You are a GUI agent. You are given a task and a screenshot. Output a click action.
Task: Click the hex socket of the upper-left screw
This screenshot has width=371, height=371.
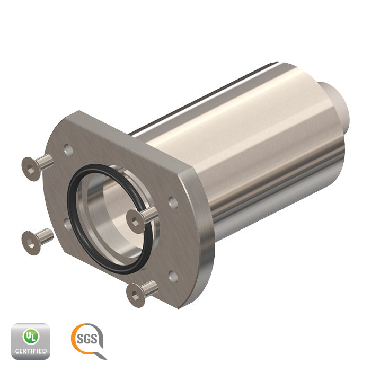pos(30,169)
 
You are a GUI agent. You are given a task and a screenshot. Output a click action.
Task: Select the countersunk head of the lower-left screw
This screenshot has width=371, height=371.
pos(31,243)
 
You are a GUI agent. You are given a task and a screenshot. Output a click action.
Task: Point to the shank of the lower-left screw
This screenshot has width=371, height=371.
pos(46,236)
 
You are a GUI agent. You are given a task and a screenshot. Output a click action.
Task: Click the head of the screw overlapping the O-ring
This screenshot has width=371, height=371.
pos(136,222)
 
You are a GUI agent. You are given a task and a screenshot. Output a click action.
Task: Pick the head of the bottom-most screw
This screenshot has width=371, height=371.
pos(136,296)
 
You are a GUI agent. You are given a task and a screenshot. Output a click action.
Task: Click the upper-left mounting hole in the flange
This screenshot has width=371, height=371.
pos(68,150)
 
